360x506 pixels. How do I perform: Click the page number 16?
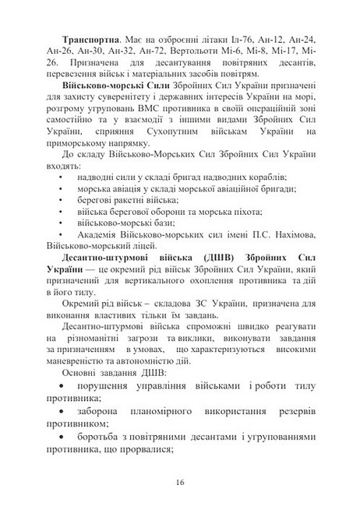click(x=180, y=484)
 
